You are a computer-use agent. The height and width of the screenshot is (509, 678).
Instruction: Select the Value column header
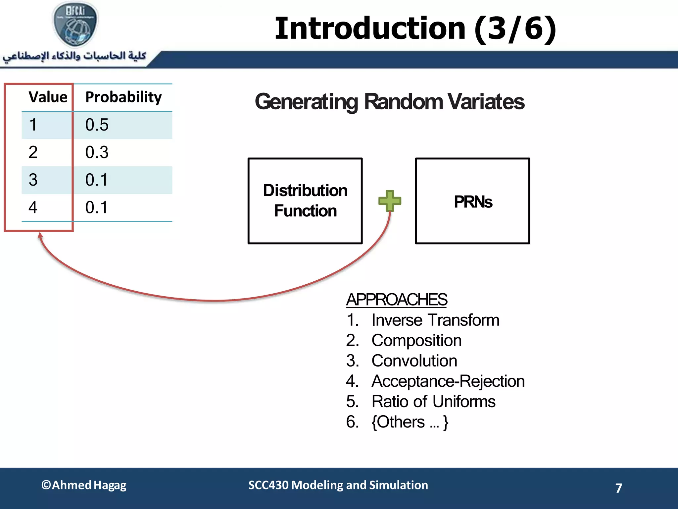point(48,97)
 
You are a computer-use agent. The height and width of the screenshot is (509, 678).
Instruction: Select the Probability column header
point(123,97)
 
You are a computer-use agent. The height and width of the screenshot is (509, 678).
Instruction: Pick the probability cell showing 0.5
point(97,125)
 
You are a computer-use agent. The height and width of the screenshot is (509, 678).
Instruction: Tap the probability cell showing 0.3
point(97,152)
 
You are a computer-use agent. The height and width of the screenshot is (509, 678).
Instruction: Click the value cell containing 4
point(33,207)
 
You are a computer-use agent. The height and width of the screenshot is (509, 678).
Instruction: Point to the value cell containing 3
point(33,180)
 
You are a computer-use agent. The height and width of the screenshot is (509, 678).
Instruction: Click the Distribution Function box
point(305,201)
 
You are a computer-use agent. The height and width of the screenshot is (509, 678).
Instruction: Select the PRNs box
point(472,201)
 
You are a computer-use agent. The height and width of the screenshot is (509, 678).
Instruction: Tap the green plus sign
point(390,201)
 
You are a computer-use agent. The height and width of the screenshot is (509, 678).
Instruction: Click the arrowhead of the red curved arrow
point(40,235)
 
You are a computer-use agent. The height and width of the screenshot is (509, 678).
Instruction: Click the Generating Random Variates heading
point(389,101)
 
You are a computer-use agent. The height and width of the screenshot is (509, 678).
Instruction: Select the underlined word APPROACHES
point(396,300)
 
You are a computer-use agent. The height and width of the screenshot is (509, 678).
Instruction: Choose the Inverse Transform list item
point(435,320)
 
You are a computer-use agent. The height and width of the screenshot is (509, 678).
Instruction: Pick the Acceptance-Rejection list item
point(448,381)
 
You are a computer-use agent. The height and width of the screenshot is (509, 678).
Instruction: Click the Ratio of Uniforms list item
point(433,402)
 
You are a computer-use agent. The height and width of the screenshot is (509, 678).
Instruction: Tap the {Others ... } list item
point(410,422)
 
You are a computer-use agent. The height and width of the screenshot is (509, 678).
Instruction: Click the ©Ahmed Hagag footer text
point(84,485)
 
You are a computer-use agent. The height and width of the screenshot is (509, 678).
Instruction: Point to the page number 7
point(618,488)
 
